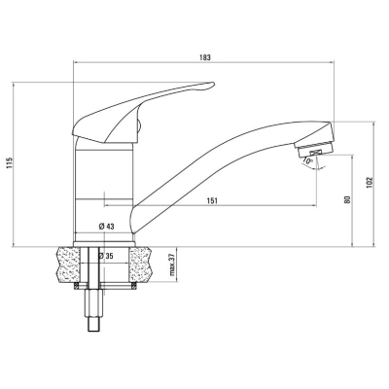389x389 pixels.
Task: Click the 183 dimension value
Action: click(205, 57)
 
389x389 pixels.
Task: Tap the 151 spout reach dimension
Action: click(212, 201)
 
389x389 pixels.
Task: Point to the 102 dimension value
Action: click(371, 183)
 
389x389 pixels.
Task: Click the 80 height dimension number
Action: click(348, 199)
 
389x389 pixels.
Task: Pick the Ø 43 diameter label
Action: click(106, 227)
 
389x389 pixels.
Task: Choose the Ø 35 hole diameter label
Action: click(105, 256)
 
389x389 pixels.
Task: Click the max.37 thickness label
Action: click(173, 265)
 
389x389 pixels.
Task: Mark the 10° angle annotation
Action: click(307, 160)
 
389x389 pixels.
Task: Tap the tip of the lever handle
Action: click(213, 84)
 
